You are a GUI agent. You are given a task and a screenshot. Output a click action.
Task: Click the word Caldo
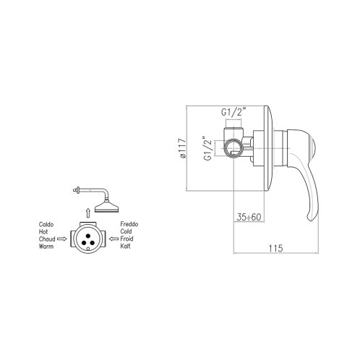point(46,225)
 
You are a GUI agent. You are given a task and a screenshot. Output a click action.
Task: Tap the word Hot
point(43,232)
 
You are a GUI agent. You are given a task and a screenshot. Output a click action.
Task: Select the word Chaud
point(47,239)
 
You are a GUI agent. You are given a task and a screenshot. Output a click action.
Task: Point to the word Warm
point(46,247)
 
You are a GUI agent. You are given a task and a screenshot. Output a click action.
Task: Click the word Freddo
point(129,224)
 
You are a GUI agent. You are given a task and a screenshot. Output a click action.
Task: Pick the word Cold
point(126,231)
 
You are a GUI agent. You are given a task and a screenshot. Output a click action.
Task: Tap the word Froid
point(127,239)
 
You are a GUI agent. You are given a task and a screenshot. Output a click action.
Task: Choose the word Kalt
point(125,246)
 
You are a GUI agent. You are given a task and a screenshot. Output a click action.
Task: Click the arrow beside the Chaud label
point(62,239)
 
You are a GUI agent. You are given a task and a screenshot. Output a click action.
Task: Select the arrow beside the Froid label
point(114,239)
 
